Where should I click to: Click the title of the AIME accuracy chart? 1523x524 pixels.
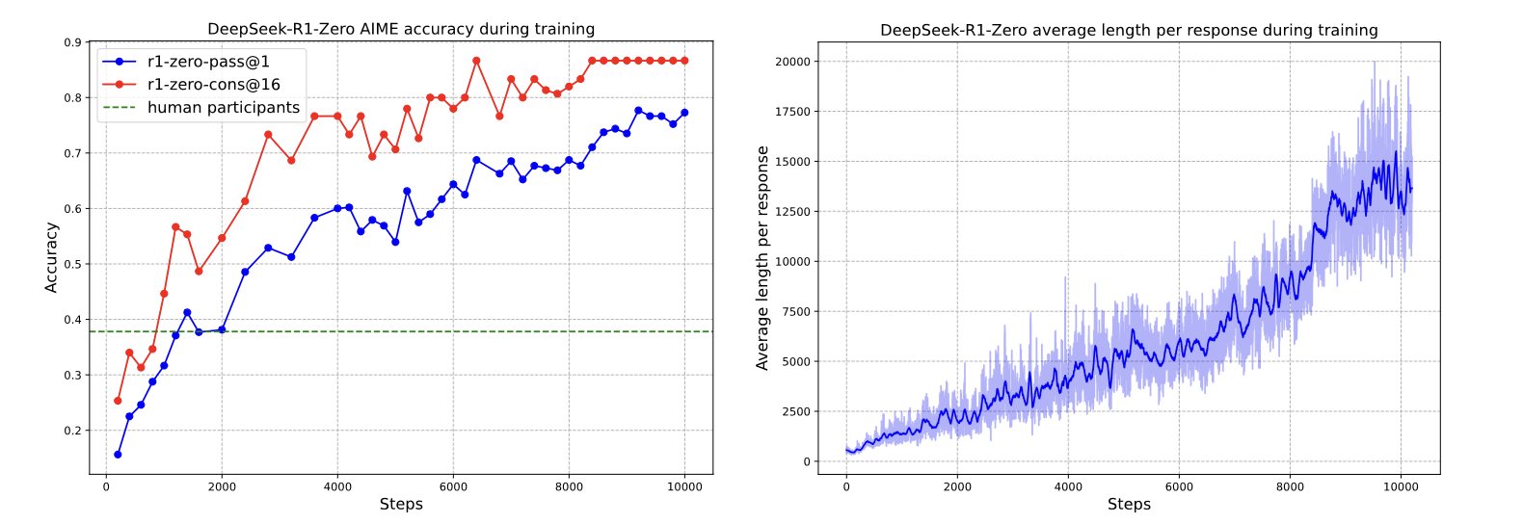401,29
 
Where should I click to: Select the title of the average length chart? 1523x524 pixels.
1129,31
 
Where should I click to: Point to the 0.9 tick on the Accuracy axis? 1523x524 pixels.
72,42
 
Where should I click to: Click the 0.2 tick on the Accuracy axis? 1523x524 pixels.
72,431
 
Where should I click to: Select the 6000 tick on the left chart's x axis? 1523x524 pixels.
453,486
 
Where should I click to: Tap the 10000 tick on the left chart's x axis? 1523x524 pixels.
684,486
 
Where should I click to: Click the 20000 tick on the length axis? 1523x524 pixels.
792,62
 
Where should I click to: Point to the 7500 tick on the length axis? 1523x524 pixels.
797,312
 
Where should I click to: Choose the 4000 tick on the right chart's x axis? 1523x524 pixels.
1068,486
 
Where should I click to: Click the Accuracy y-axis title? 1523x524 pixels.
51,258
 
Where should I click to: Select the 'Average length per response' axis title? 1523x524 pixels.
762,258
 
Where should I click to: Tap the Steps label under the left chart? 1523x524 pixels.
401,505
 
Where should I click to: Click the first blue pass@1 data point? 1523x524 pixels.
118,455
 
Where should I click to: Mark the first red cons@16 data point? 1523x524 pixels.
118,401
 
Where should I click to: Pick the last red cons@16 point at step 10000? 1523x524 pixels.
684,62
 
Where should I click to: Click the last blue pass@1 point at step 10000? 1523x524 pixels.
684,113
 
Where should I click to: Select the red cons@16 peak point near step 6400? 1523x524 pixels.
476,62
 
